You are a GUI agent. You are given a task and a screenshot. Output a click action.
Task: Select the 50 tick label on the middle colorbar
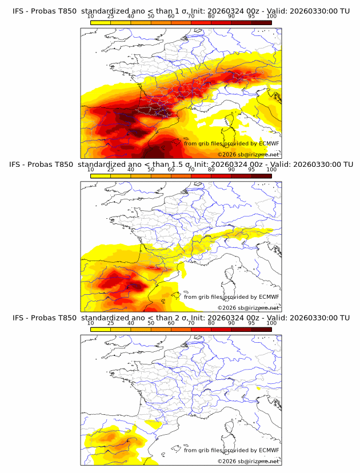(151, 170)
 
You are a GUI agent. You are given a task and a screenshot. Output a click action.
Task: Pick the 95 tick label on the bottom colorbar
(251, 323)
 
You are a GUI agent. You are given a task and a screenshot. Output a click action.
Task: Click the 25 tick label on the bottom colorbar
(110, 323)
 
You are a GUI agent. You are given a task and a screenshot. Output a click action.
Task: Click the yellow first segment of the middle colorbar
(101, 175)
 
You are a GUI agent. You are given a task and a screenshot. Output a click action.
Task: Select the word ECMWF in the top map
(269, 143)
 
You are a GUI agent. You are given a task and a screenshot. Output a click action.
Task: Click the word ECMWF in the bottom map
(269, 450)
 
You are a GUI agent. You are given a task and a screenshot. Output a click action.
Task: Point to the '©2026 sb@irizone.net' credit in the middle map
(248, 307)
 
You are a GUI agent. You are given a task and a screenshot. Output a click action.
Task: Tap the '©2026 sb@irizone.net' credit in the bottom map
(248, 461)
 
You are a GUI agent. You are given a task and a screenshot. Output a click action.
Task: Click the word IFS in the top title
(19, 11)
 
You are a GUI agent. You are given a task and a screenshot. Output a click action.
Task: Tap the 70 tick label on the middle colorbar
(191, 170)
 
